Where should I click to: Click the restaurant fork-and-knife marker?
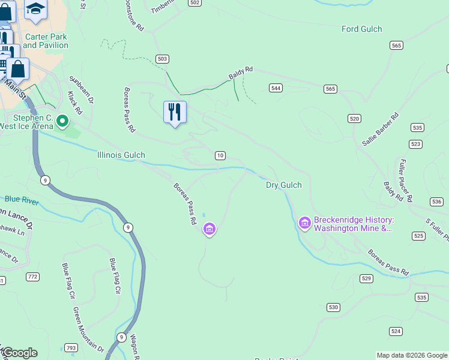pos(175,112)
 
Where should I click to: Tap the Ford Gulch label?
pos(361,29)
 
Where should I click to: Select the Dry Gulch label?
pos(283,185)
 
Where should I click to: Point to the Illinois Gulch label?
pos(121,155)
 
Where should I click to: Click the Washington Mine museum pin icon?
pos(304,223)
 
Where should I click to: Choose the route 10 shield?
pos(220,155)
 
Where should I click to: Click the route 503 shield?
pos(161,59)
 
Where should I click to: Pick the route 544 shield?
pos(276,88)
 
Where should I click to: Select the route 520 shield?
pos(354,119)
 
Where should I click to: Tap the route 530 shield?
pos(334,307)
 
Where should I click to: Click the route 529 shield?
pos(367,278)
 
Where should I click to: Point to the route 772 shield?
pos(32,277)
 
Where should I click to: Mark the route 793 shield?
pos(71,348)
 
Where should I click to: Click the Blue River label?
pos(22,199)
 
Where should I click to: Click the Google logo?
pos(19,353)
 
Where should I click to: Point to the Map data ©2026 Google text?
pos(412,355)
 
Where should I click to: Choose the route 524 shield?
pos(396,331)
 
